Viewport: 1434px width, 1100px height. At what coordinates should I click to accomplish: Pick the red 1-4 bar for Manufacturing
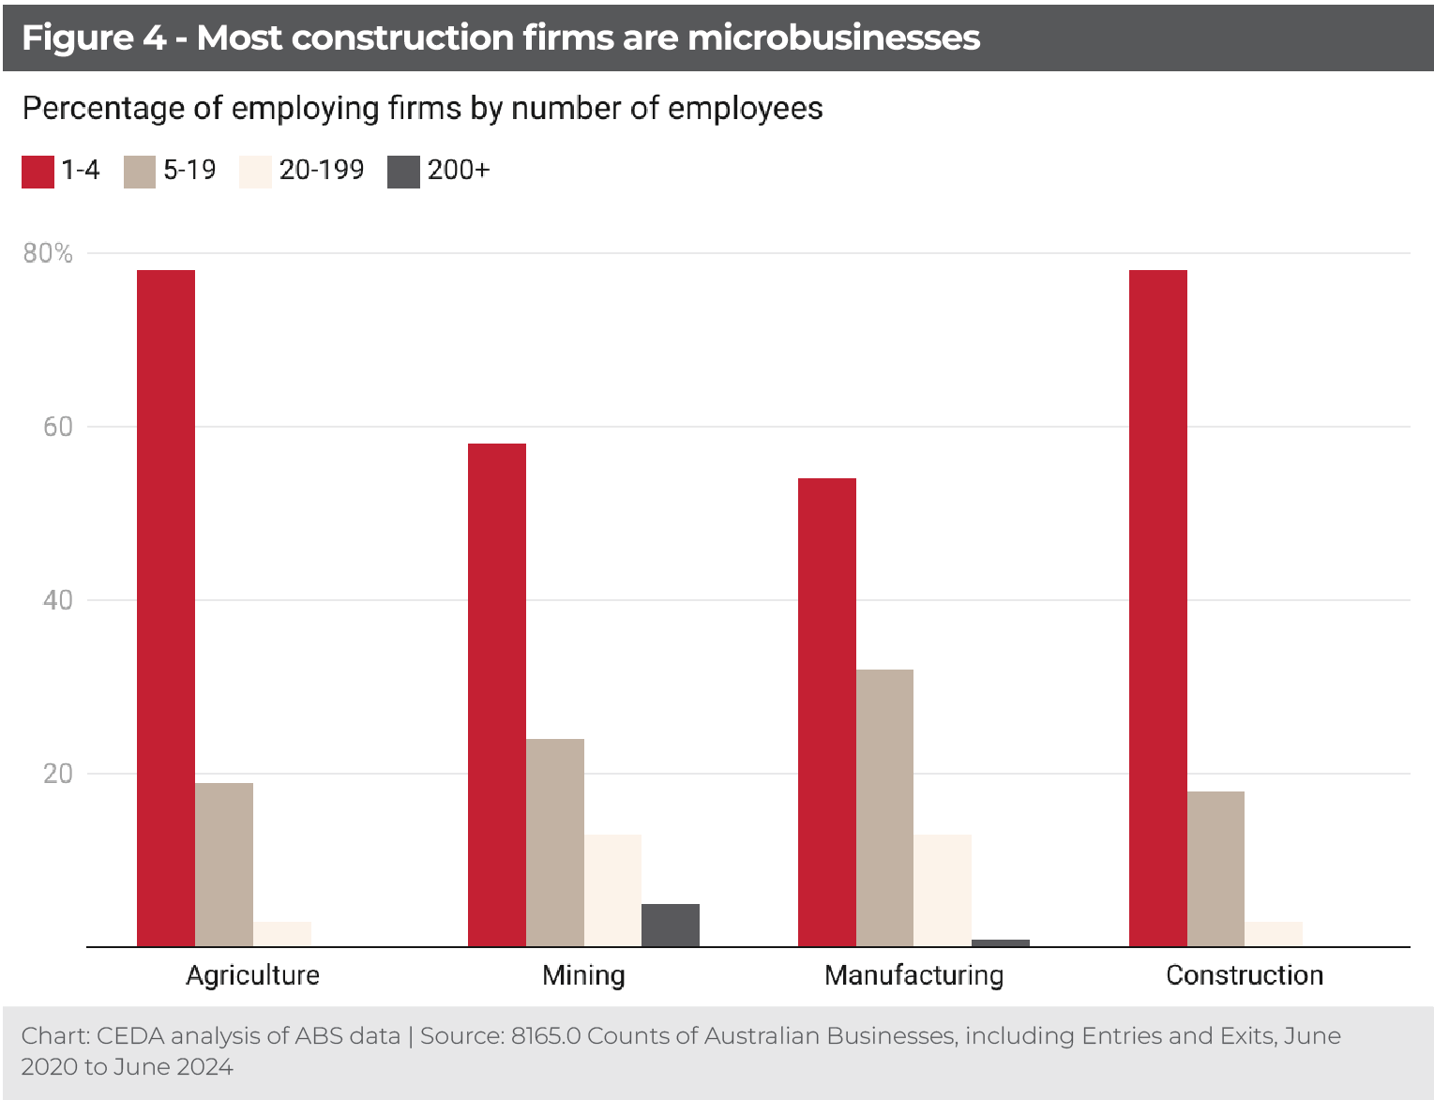point(827,712)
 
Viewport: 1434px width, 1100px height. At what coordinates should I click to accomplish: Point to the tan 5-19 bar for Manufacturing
point(884,807)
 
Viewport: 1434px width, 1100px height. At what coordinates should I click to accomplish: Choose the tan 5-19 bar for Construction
point(1215,868)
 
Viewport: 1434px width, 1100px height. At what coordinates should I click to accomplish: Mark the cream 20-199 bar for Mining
point(612,890)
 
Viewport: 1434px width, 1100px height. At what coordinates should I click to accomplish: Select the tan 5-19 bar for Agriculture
point(224,864)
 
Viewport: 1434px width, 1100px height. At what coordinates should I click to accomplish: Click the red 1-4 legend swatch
point(38,172)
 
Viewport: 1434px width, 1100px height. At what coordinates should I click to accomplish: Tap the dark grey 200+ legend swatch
point(403,172)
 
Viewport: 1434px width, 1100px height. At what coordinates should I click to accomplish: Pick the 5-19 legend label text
point(189,170)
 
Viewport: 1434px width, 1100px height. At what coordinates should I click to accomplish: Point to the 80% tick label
point(48,253)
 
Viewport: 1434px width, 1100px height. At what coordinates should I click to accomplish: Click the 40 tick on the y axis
point(58,600)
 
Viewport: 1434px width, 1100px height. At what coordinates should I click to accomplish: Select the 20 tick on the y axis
point(58,774)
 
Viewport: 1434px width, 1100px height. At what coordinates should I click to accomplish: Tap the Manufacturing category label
point(913,975)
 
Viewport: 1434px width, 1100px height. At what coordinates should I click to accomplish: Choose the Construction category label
point(1245,975)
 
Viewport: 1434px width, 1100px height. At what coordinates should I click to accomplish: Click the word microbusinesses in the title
point(834,38)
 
